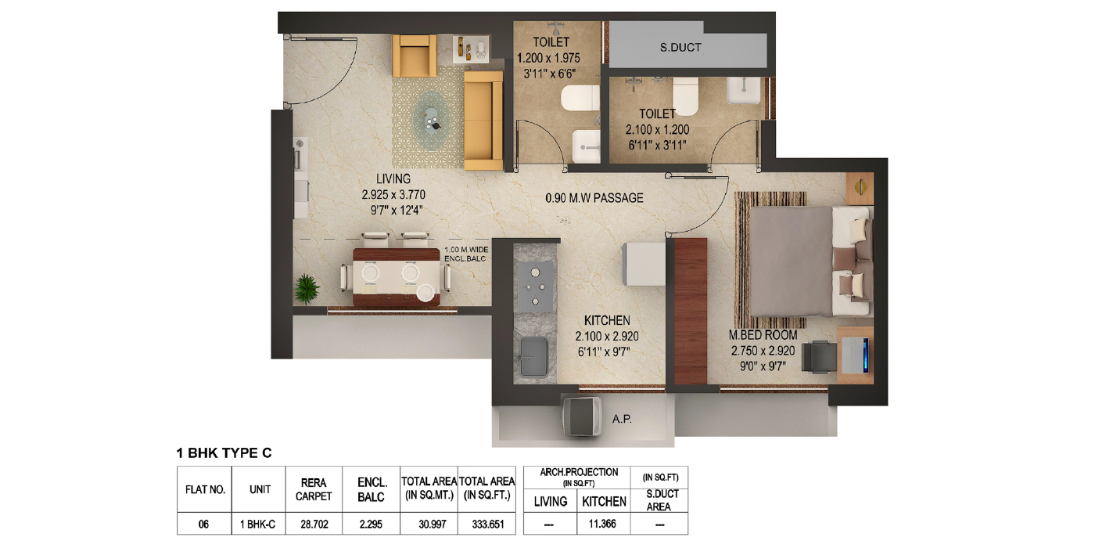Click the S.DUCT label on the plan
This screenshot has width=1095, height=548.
680,48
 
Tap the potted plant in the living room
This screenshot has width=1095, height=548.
307,289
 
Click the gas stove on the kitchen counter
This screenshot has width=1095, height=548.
535,286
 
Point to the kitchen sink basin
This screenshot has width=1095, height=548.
533,356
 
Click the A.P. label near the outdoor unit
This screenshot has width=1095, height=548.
622,419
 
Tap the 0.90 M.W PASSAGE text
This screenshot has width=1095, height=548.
594,198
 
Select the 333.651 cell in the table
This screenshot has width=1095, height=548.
488,525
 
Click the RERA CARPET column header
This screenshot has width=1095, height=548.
314,489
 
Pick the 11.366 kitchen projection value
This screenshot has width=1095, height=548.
602,524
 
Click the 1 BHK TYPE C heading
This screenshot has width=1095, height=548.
224,453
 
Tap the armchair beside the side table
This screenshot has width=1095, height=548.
415,56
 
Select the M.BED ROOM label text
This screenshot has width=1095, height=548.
763,335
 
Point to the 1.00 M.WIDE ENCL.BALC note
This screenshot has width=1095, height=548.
466,254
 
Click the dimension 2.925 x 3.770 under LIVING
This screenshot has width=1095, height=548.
393,195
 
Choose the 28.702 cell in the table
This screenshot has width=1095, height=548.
314,525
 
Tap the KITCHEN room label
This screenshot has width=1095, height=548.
607,320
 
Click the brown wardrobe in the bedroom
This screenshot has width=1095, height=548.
691,312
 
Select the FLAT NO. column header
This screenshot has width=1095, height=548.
205,490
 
